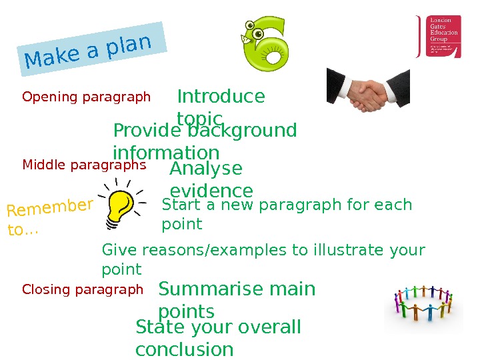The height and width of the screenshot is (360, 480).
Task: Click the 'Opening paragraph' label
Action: pyautogui.click(x=87, y=97)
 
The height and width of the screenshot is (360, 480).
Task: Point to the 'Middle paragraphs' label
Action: pyautogui.click(x=84, y=164)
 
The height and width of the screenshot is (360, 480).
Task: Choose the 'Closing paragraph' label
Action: pyautogui.click(x=83, y=289)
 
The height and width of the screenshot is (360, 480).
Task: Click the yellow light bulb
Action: pyautogui.click(x=122, y=201)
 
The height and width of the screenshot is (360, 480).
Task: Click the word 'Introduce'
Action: pyautogui.click(x=221, y=97)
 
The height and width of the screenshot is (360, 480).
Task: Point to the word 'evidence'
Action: pyautogui.click(x=211, y=191)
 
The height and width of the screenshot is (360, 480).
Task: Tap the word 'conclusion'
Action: pyautogui.click(x=184, y=349)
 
